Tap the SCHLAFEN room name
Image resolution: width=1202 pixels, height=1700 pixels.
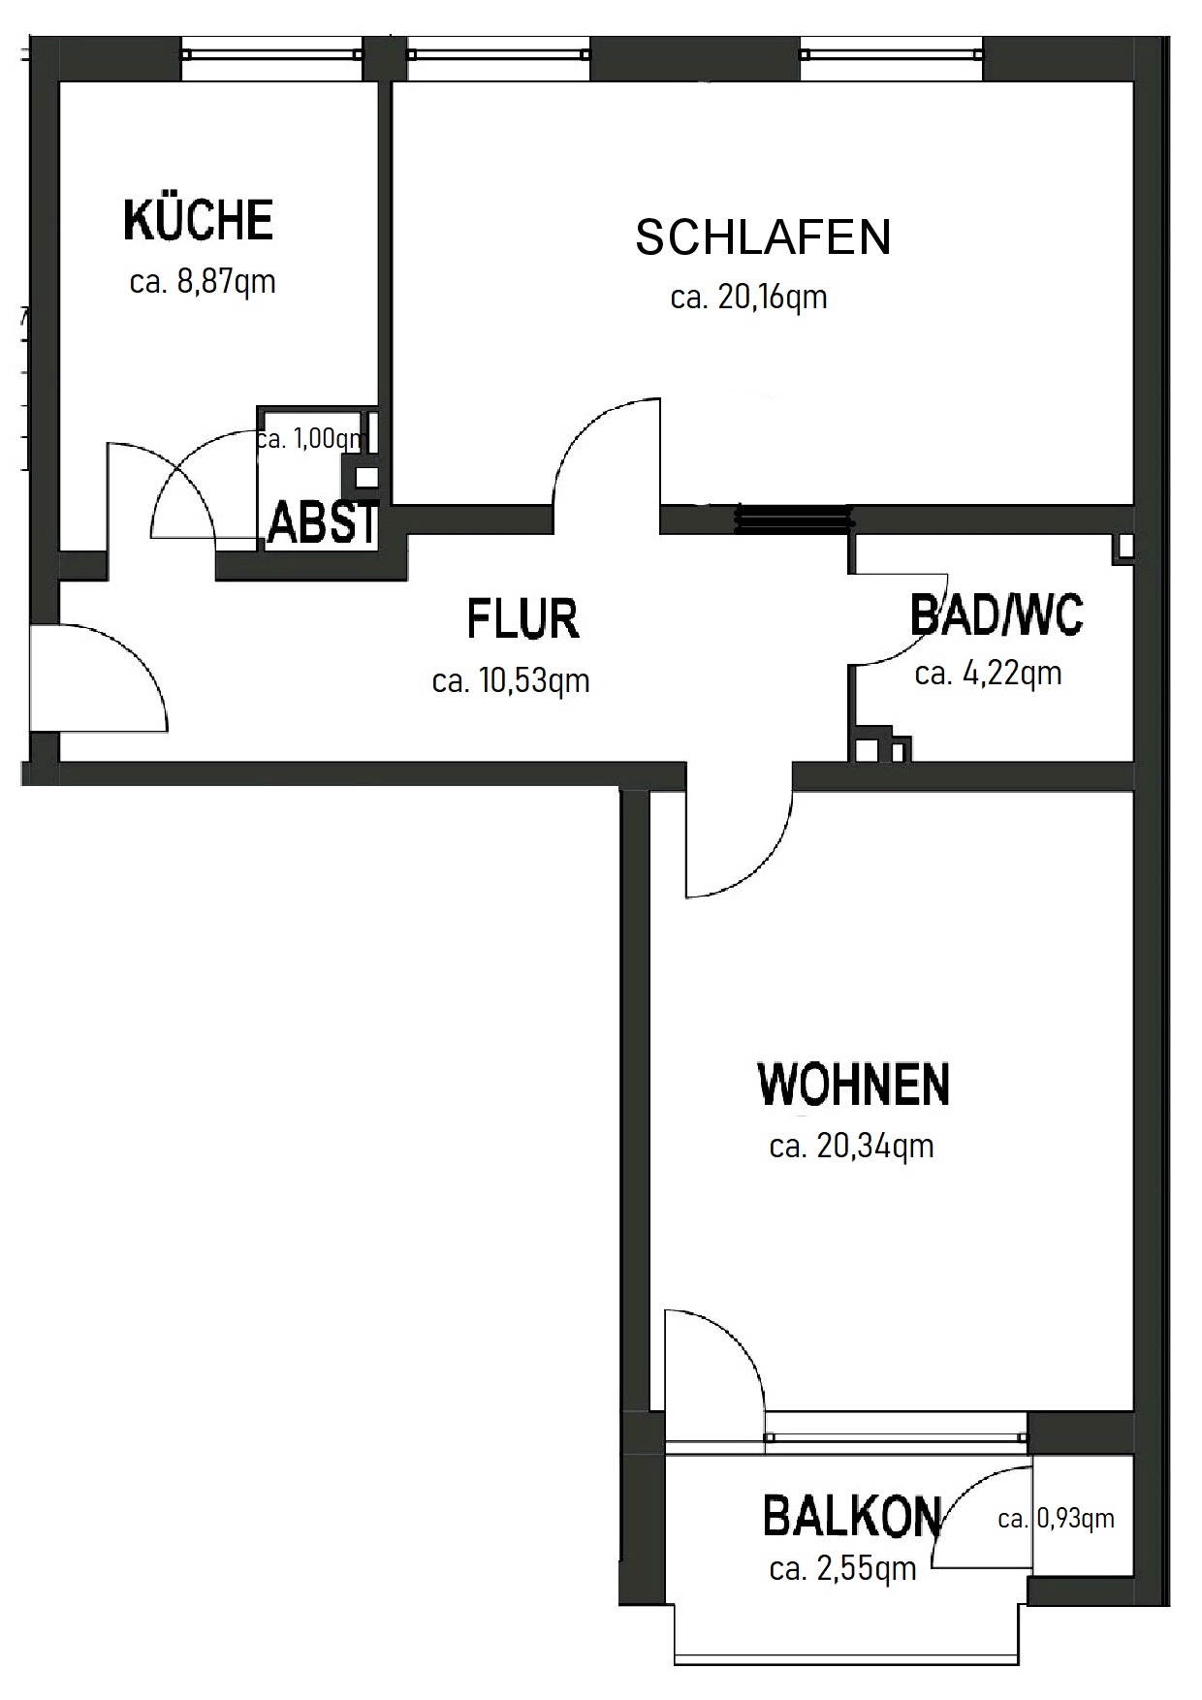(x=763, y=237)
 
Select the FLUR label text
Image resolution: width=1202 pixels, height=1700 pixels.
(x=522, y=618)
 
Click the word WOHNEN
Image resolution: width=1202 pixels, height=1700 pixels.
(x=853, y=1084)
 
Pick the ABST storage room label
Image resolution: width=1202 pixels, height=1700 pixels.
(x=322, y=522)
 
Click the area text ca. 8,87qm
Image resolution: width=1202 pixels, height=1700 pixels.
(x=203, y=281)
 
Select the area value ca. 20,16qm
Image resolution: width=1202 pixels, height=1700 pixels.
(x=748, y=297)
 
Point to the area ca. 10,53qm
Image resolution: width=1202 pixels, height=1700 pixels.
(x=511, y=680)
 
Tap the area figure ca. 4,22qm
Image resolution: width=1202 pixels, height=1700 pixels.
(x=988, y=673)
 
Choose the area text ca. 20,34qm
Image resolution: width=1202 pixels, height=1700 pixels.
(x=851, y=1146)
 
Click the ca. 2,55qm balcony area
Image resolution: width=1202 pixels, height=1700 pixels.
(x=842, y=1568)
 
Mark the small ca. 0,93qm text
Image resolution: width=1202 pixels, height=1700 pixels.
(x=1056, y=1519)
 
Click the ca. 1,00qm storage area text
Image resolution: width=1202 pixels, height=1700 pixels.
(x=310, y=439)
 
